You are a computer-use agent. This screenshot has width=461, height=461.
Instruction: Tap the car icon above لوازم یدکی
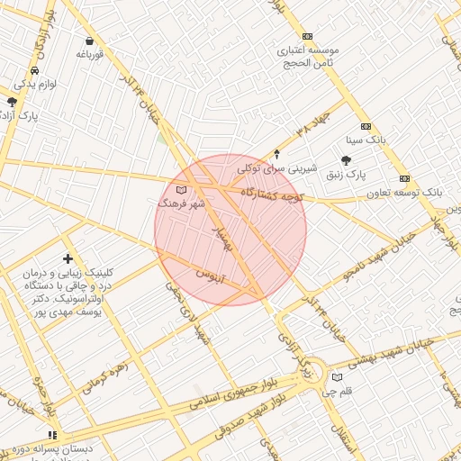34,70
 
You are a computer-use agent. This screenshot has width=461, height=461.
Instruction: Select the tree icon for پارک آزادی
12,102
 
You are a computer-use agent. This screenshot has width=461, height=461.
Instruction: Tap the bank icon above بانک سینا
366,126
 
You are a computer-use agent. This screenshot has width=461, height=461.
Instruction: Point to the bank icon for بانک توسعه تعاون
405,177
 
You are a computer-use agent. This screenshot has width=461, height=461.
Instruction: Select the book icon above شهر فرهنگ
181,190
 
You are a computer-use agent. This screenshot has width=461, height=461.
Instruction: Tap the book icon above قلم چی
338,377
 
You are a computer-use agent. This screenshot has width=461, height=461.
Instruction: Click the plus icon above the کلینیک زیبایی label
68,259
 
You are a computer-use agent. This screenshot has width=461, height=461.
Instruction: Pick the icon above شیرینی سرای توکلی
276,154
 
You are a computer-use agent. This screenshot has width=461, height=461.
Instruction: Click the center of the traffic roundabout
312,378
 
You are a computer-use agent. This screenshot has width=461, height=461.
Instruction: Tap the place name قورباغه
91,54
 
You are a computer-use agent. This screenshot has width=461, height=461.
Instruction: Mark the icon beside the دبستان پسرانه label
51,435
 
